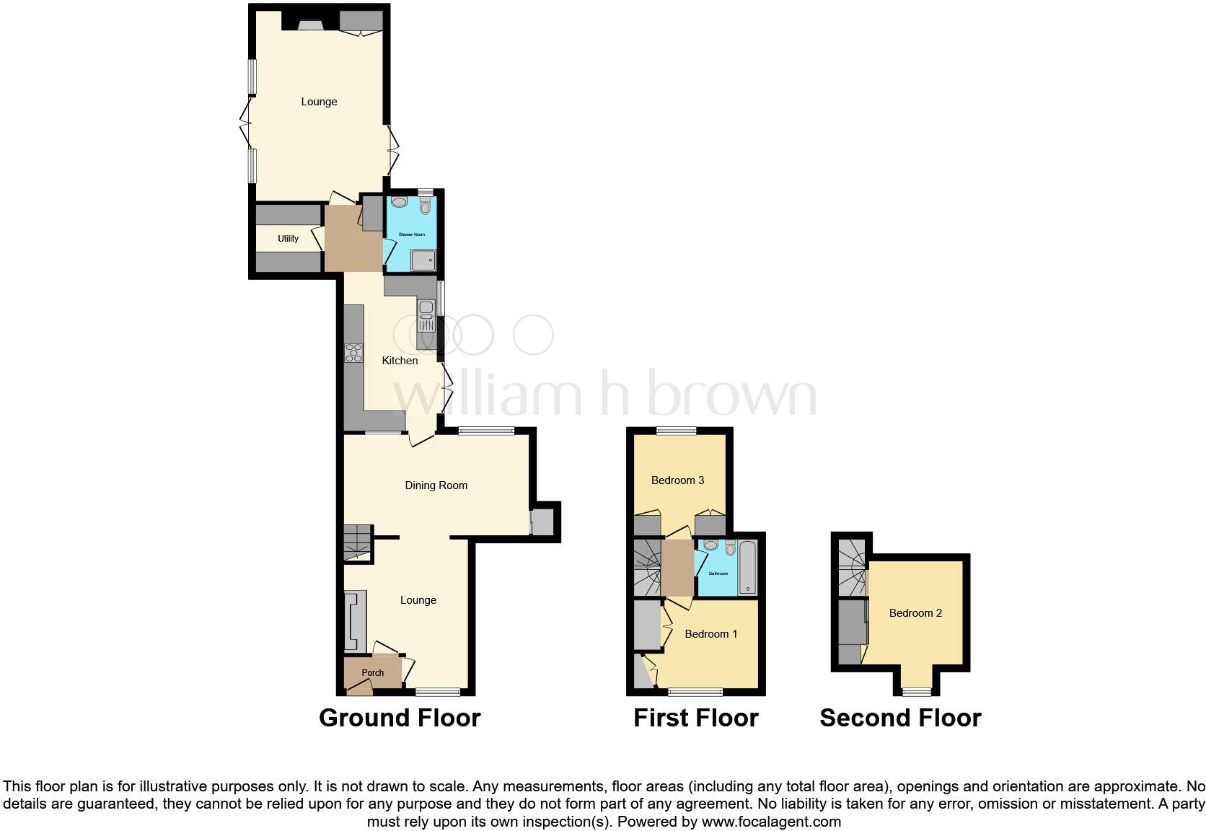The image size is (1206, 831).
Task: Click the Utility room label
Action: coord(288,239)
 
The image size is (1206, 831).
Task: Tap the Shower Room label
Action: coord(412,234)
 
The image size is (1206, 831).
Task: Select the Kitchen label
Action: coord(400,361)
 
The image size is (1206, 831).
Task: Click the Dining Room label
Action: coord(436,485)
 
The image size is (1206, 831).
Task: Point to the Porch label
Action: coord(372,673)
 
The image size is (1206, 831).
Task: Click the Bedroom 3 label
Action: coord(677,480)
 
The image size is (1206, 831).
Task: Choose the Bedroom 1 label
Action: coord(710,634)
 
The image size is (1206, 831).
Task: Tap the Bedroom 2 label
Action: coord(915,613)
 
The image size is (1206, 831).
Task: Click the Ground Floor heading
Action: coord(400,718)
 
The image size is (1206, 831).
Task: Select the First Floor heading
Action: coord(695,718)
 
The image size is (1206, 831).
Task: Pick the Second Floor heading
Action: coord(900,718)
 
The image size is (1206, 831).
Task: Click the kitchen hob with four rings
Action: coord(354,353)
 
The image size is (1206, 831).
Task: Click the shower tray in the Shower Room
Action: coord(424,260)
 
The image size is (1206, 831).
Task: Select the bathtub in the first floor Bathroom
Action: coord(748,568)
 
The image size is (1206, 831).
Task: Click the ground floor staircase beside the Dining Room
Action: coord(357,542)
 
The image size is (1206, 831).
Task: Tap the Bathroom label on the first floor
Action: coord(718,573)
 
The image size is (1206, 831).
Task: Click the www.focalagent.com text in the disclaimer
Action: coord(770,822)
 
